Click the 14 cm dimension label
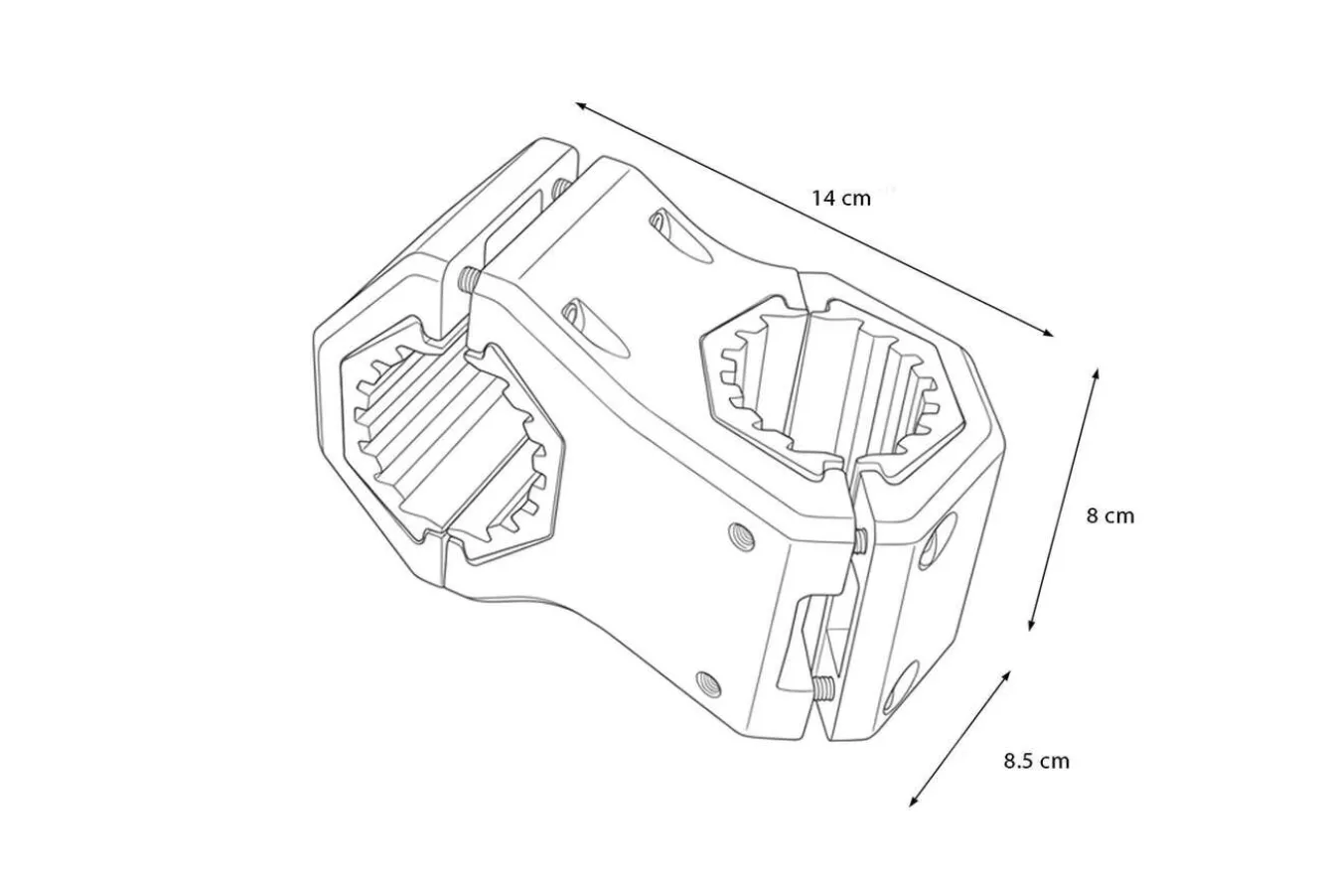coord(841,198)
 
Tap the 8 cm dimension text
coord(1110,515)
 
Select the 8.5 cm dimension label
coord(1037,761)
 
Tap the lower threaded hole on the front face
coord(709,684)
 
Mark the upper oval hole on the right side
coord(938,539)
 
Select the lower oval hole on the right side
coord(902,685)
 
